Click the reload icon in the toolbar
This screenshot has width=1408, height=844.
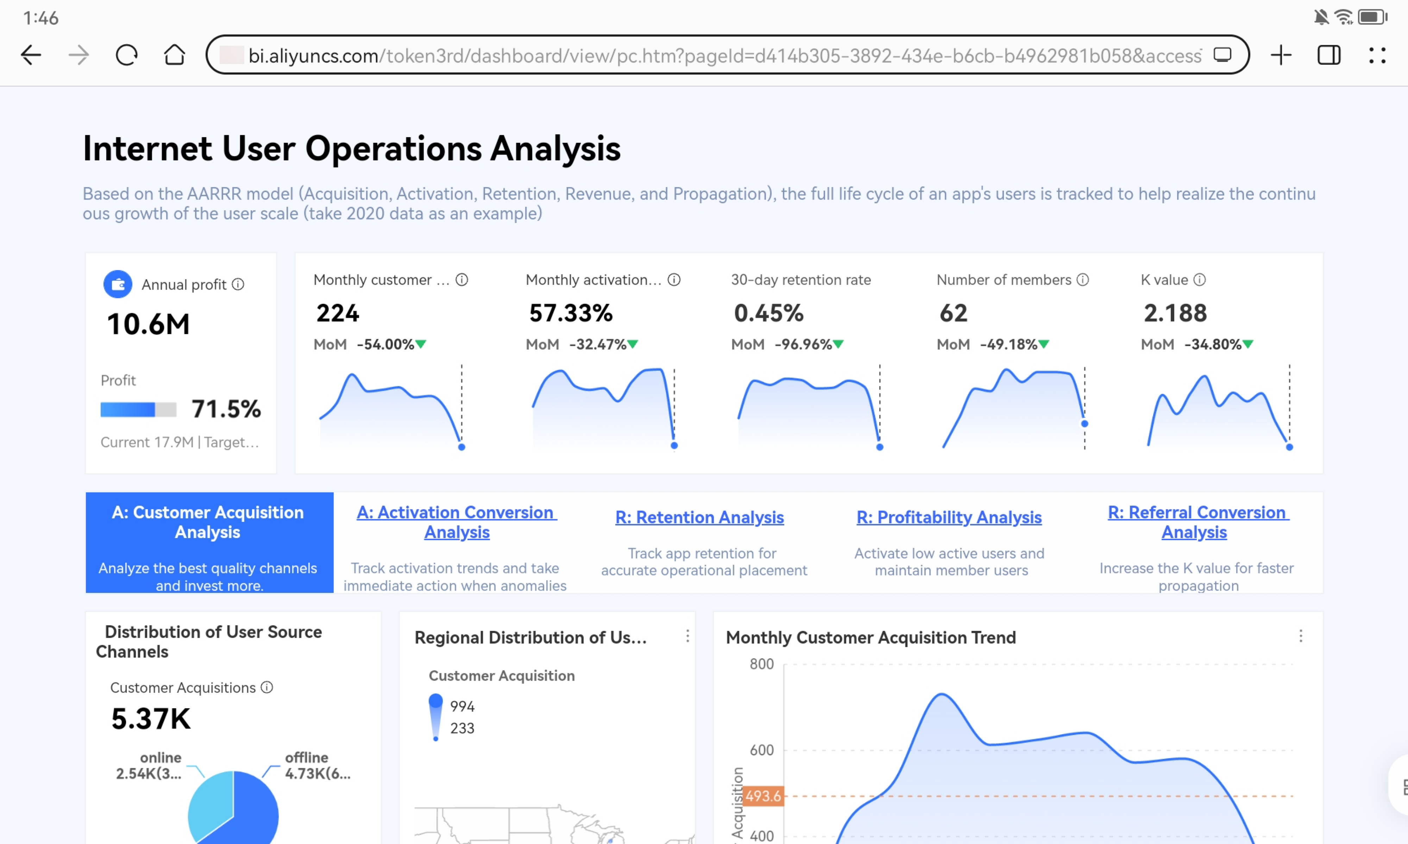(126, 55)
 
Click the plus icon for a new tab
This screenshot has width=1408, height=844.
(1281, 55)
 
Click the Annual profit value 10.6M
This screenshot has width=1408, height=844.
(149, 324)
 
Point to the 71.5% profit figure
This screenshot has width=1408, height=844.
(226, 409)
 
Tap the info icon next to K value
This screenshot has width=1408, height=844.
(1200, 280)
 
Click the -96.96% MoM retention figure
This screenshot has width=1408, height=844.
(803, 344)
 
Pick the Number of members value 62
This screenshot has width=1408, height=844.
(953, 313)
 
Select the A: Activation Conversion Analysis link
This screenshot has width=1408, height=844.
(457, 522)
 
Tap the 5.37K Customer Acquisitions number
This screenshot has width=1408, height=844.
(151, 718)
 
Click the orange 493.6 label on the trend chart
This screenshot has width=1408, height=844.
(763, 796)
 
